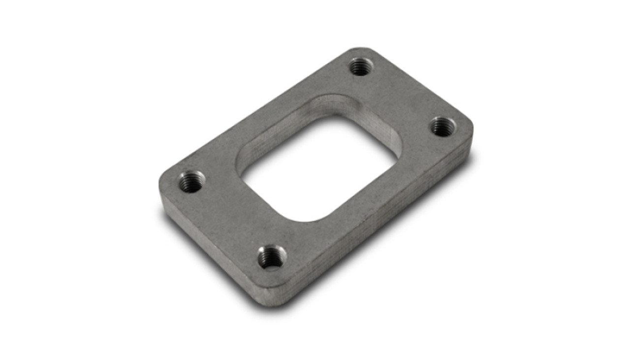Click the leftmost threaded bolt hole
pos(190,182)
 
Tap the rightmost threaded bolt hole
pos(443,127)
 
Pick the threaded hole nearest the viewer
pos(272,258)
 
